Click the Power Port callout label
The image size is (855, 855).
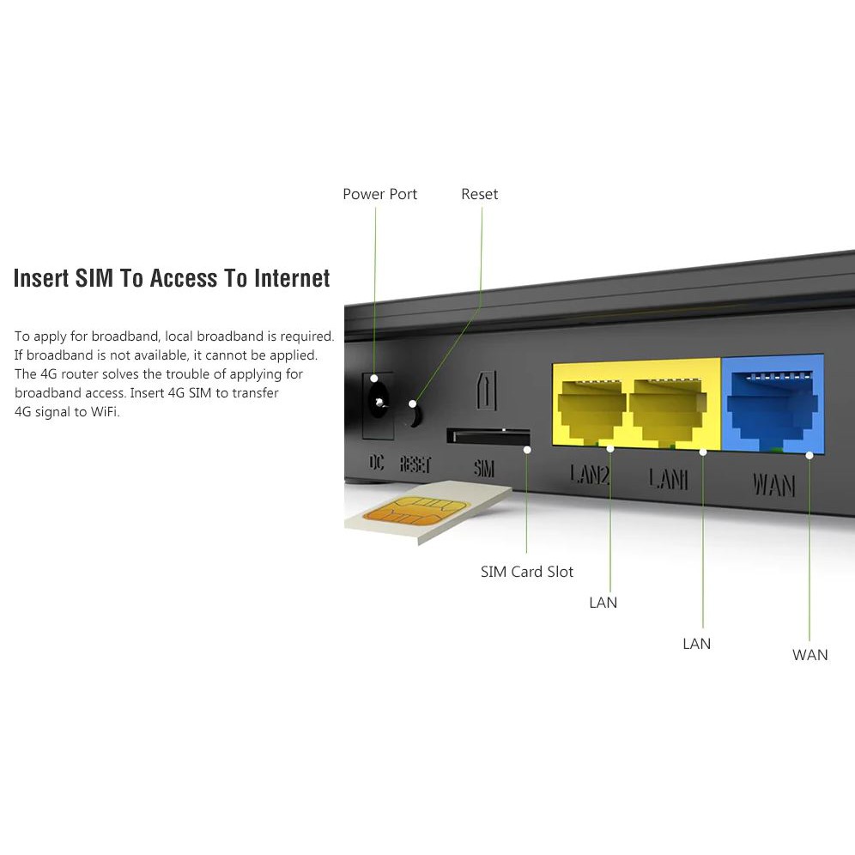[x=379, y=194]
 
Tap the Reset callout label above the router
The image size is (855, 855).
[x=479, y=194]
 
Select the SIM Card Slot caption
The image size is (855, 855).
[x=526, y=572]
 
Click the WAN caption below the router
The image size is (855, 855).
[x=810, y=655]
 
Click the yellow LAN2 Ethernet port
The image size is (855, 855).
[x=591, y=409]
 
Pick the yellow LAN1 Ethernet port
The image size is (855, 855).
[x=668, y=409]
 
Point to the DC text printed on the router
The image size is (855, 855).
[x=377, y=464]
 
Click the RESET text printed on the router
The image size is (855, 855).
[x=415, y=464]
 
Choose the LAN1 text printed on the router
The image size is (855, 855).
[x=668, y=477]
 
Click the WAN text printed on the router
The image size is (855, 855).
[x=773, y=484]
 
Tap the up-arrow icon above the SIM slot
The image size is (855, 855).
[x=485, y=391]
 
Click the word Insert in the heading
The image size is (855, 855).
[x=41, y=278]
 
